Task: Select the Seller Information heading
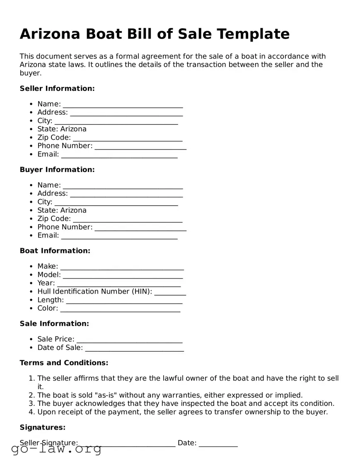[57, 88]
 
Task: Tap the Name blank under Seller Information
[123, 104]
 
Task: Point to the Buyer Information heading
[57, 170]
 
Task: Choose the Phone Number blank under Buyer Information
[140, 228]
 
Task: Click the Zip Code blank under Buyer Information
[127, 219]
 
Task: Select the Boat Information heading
[55, 251]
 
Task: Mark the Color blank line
[120, 309]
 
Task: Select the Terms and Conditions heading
[64, 363]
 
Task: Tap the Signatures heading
[43, 427]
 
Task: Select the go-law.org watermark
[56, 449]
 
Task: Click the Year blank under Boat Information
[118, 284]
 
